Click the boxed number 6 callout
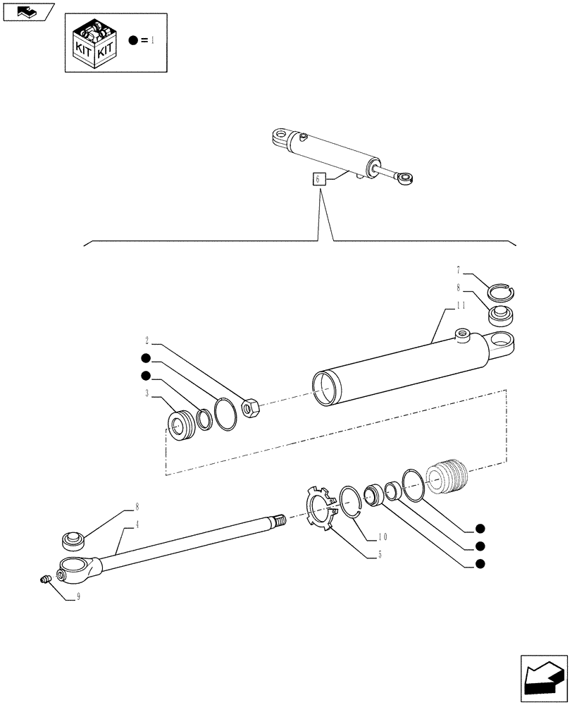[x=318, y=179]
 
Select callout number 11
[x=461, y=305]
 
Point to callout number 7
[x=459, y=270]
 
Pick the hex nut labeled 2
[x=251, y=407]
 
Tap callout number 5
[x=380, y=554]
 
